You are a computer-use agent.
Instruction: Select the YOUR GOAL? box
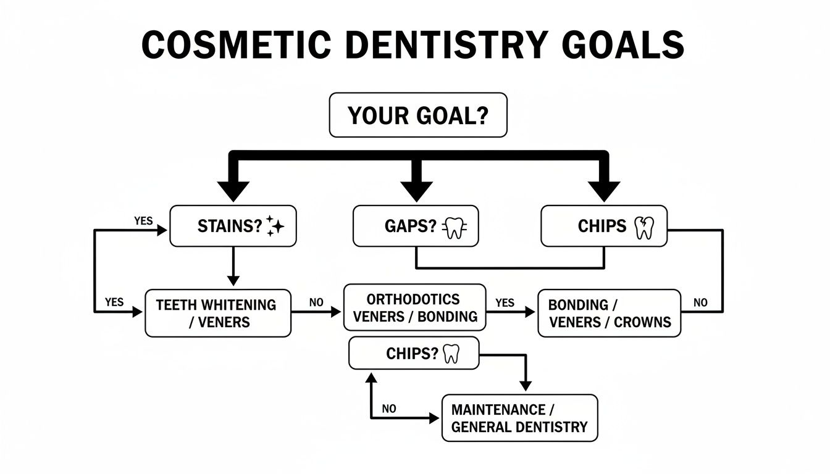pyautogui.click(x=418, y=115)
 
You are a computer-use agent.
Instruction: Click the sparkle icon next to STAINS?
pyautogui.click(x=275, y=227)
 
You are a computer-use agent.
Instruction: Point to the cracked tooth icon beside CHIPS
pyautogui.click(x=643, y=227)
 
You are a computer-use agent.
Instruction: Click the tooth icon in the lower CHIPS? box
pyautogui.click(x=451, y=354)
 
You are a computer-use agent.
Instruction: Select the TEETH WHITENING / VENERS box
pyautogui.click(x=217, y=313)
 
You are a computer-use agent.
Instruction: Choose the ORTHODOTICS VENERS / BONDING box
pyautogui.click(x=414, y=308)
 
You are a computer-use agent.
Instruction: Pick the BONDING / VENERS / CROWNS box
pyautogui.click(x=609, y=314)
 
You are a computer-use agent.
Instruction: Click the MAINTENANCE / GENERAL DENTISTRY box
pyautogui.click(x=519, y=418)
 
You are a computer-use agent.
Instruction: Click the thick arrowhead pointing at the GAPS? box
pyautogui.click(x=418, y=188)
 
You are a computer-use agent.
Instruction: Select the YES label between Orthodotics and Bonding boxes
pyautogui.click(x=505, y=302)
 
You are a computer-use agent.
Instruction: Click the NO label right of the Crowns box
pyautogui.click(x=700, y=302)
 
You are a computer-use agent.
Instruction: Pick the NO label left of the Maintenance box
pyautogui.click(x=388, y=409)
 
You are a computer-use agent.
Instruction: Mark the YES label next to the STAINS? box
pyautogui.click(x=143, y=220)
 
